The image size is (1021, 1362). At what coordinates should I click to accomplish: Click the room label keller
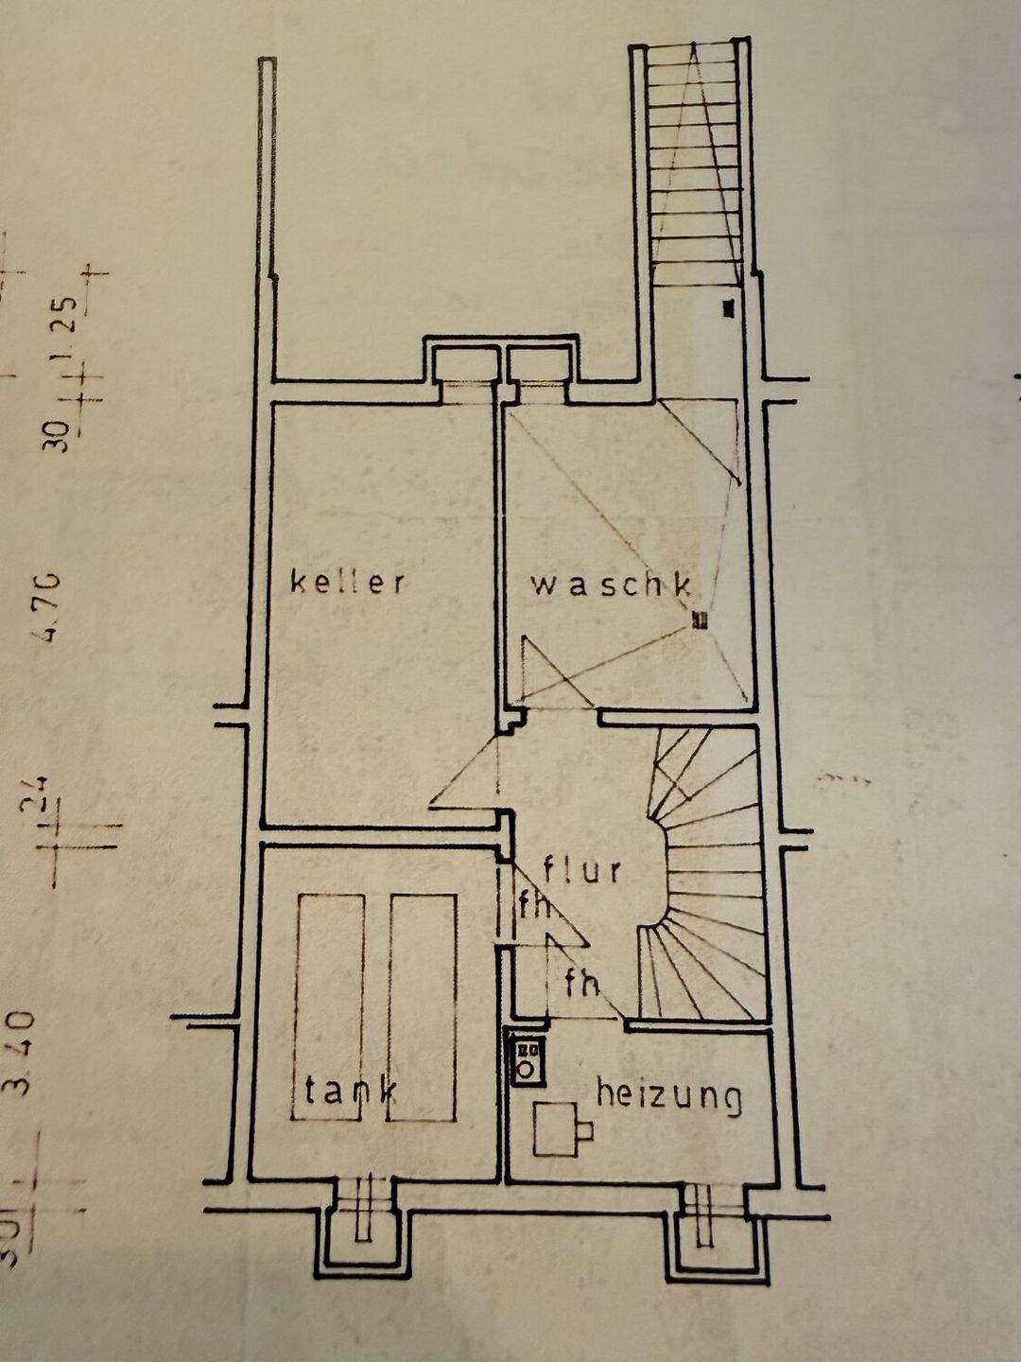coord(348,581)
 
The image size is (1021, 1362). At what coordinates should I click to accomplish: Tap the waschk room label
coord(610,585)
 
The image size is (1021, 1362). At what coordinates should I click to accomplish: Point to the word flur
coord(582,868)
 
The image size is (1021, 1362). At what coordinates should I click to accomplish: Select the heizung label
coord(668,1096)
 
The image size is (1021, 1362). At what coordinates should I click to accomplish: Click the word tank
coord(350,1091)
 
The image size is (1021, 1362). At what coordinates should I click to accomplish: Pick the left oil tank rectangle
coord(330,1007)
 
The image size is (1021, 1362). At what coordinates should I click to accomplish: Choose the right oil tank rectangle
coord(423,1007)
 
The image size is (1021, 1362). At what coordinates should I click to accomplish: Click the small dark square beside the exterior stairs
coord(727,307)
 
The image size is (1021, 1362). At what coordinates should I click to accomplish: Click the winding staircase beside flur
coord(704,875)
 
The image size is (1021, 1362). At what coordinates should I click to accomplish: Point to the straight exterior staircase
coord(696,166)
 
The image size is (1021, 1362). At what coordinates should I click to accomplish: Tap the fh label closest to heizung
coord(581,984)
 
